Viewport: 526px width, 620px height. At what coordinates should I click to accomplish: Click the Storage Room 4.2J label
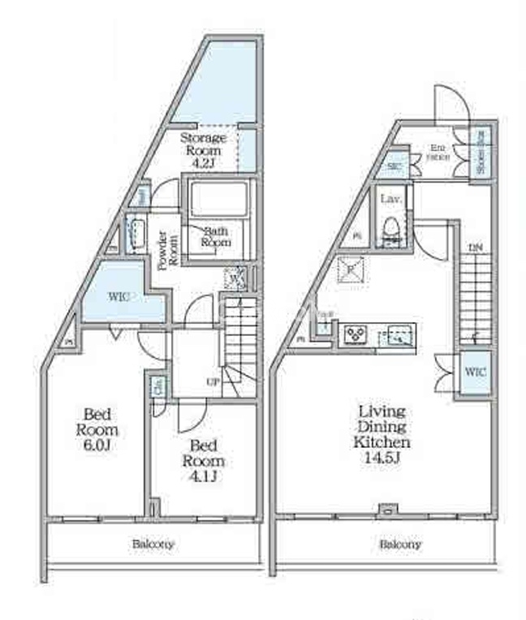(x=202, y=149)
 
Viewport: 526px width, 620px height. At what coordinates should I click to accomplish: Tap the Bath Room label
(x=217, y=236)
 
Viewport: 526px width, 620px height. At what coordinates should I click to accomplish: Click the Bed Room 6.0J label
(x=97, y=431)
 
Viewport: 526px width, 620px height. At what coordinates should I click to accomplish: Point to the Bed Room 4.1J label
(x=207, y=461)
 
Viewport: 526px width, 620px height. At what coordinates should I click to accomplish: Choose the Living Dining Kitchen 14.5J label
(x=382, y=434)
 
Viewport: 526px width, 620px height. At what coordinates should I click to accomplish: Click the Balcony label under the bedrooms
(x=153, y=545)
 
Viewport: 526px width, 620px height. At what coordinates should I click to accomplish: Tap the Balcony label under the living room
(x=401, y=545)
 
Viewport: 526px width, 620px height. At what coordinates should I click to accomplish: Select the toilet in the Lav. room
(x=390, y=228)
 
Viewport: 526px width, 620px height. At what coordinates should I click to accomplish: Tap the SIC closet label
(x=394, y=166)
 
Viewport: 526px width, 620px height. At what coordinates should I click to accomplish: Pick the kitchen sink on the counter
(x=398, y=335)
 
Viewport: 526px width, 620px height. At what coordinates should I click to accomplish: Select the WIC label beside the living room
(x=475, y=372)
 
